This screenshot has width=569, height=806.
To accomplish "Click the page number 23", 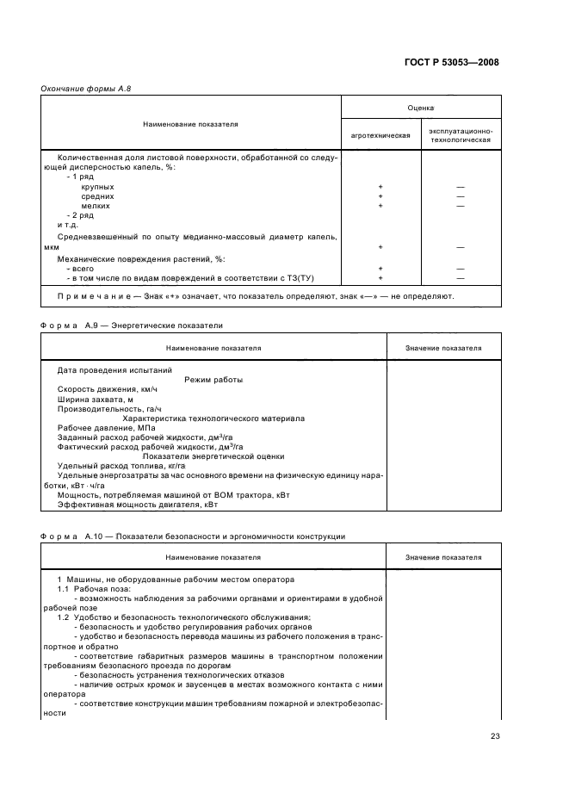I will point(494,735).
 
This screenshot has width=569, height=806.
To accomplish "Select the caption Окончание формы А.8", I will point(85,89).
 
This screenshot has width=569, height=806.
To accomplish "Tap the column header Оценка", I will point(420,108).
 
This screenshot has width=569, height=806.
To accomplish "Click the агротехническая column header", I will point(380,136).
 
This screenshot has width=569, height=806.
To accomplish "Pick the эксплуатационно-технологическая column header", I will point(461,136).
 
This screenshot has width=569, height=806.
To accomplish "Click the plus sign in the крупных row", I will point(380,187).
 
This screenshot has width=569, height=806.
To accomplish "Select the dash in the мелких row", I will point(461,206).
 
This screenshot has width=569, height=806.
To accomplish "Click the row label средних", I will point(97,196).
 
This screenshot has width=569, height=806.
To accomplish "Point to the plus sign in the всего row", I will point(380,269).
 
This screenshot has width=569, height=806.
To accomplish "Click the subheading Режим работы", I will point(213,380).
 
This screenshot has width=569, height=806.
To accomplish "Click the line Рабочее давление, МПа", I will point(95,428).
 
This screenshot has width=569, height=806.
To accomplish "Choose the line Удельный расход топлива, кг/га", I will point(109,466).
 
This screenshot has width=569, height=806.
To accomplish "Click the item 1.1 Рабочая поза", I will point(86,589).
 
